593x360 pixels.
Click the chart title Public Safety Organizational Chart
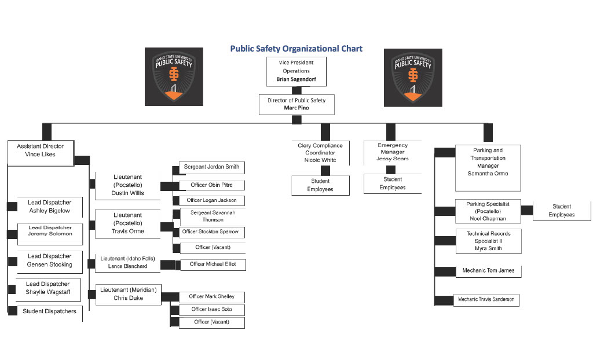coord(296,49)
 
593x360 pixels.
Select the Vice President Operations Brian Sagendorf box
coord(296,71)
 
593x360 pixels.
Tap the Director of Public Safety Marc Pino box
coord(296,104)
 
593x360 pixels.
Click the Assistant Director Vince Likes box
coord(41,151)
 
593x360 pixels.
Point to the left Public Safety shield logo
coord(174,76)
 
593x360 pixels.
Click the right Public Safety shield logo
coord(413,77)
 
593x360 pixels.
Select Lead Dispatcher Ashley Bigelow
coord(49,207)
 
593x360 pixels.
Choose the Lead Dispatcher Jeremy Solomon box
coord(50,231)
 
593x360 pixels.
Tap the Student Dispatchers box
coord(49,312)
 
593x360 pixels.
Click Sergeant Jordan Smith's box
coord(211,167)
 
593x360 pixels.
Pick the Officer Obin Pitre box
coord(211,185)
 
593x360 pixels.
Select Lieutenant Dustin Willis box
coord(128,185)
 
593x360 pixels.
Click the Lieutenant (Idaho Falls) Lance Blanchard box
coord(127,262)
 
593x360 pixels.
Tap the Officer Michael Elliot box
coord(213,265)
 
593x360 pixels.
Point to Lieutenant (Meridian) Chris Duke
coord(128,293)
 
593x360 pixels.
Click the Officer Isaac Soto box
coord(211,310)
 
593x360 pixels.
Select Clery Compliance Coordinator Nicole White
coord(320,153)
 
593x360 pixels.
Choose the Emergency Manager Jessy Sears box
coord(393,152)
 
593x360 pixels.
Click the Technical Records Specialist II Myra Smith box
coord(488,241)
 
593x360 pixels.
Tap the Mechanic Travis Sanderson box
coord(486,300)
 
